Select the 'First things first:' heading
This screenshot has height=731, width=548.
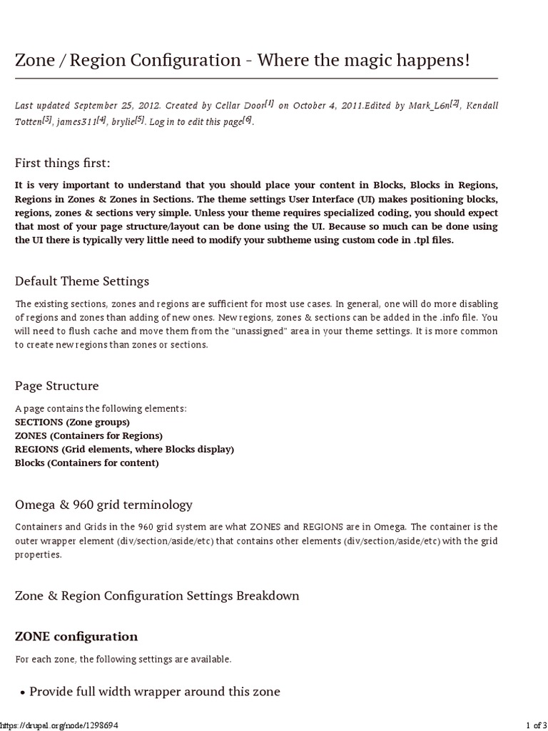(63, 163)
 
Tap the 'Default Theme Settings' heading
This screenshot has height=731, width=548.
(82, 281)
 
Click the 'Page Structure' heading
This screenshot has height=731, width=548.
(57, 385)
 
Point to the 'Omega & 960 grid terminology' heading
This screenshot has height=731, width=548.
(103, 505)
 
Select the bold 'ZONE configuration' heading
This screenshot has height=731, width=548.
(76, 636)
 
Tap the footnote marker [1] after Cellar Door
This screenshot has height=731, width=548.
(270, 104)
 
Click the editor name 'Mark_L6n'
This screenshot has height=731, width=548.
(428, 106)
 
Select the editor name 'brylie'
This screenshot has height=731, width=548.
(121, 121)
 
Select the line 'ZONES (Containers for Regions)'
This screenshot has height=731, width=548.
(88, 435)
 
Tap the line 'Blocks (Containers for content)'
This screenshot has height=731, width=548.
(87, 463)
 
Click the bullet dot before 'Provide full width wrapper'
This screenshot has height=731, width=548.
(22, 692)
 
